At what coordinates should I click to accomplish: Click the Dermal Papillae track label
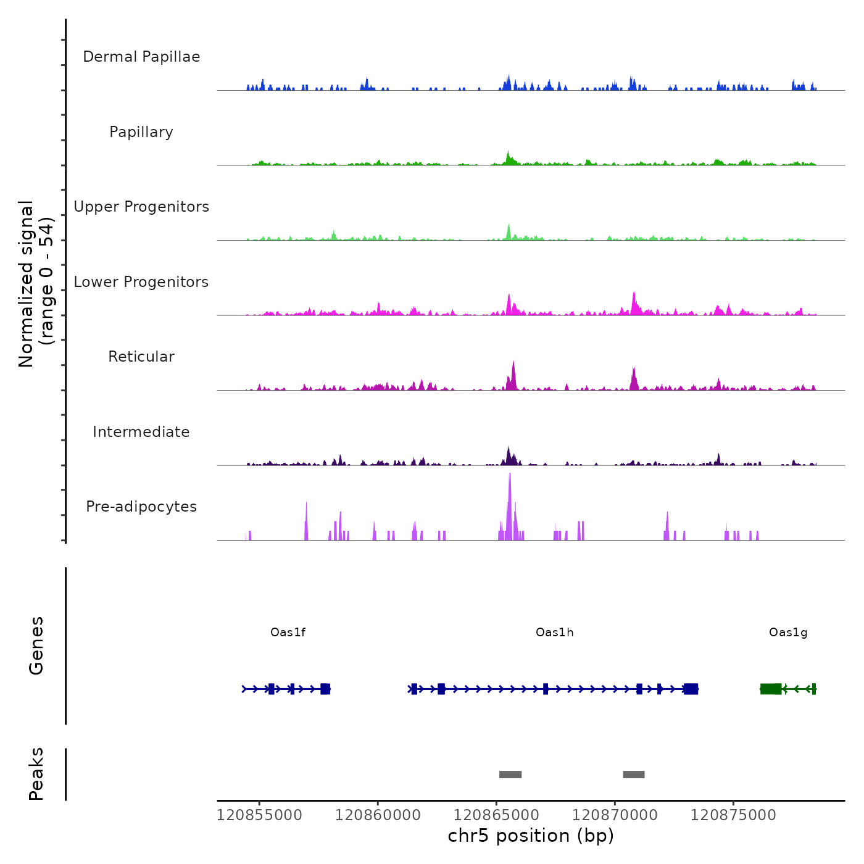click(141, 57)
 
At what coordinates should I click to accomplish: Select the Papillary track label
click(141, 132)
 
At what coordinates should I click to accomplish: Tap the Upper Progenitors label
click(141, 207)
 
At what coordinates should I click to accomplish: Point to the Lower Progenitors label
click(141, 282)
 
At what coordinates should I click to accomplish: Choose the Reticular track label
click(141, 357)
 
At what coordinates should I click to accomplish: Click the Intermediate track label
click(141, 432)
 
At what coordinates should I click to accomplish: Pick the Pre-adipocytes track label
click(141, 507)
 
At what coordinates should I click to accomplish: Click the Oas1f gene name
click(288, 633)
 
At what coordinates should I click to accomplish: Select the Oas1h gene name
click(554, 633)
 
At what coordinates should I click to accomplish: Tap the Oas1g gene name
click(787, 633)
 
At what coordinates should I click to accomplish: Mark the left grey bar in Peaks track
click(510, 775)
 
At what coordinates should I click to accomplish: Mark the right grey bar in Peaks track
click(634, 775)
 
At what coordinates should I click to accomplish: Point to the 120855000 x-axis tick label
click(260, 815)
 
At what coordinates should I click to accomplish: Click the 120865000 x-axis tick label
click(496, 815)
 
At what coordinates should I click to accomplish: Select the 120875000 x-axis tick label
click(733, 815)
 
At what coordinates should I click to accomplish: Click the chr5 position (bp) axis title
click(531, 836)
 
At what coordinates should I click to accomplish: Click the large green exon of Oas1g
click(771, 689)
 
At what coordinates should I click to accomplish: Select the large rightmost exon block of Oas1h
click(691, 689)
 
